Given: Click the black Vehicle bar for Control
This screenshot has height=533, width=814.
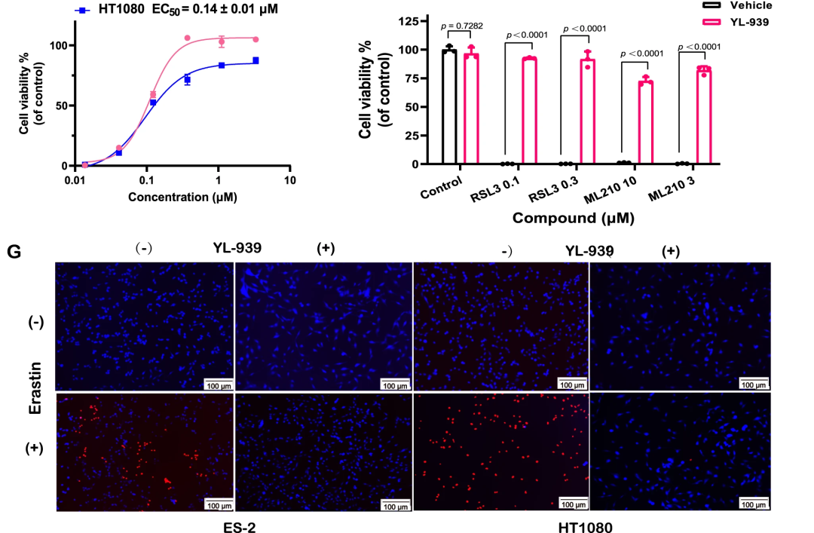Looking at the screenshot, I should pos(450,107).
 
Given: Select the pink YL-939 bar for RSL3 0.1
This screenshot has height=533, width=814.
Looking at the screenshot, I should pos(529,111).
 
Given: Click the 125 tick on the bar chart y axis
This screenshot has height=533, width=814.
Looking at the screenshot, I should pos(410,21).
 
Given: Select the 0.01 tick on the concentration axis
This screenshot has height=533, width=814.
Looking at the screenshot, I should pos(75,182).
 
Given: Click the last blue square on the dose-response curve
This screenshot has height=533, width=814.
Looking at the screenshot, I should pos(256,60).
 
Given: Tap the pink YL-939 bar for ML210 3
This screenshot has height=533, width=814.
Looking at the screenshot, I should pos(704,115).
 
